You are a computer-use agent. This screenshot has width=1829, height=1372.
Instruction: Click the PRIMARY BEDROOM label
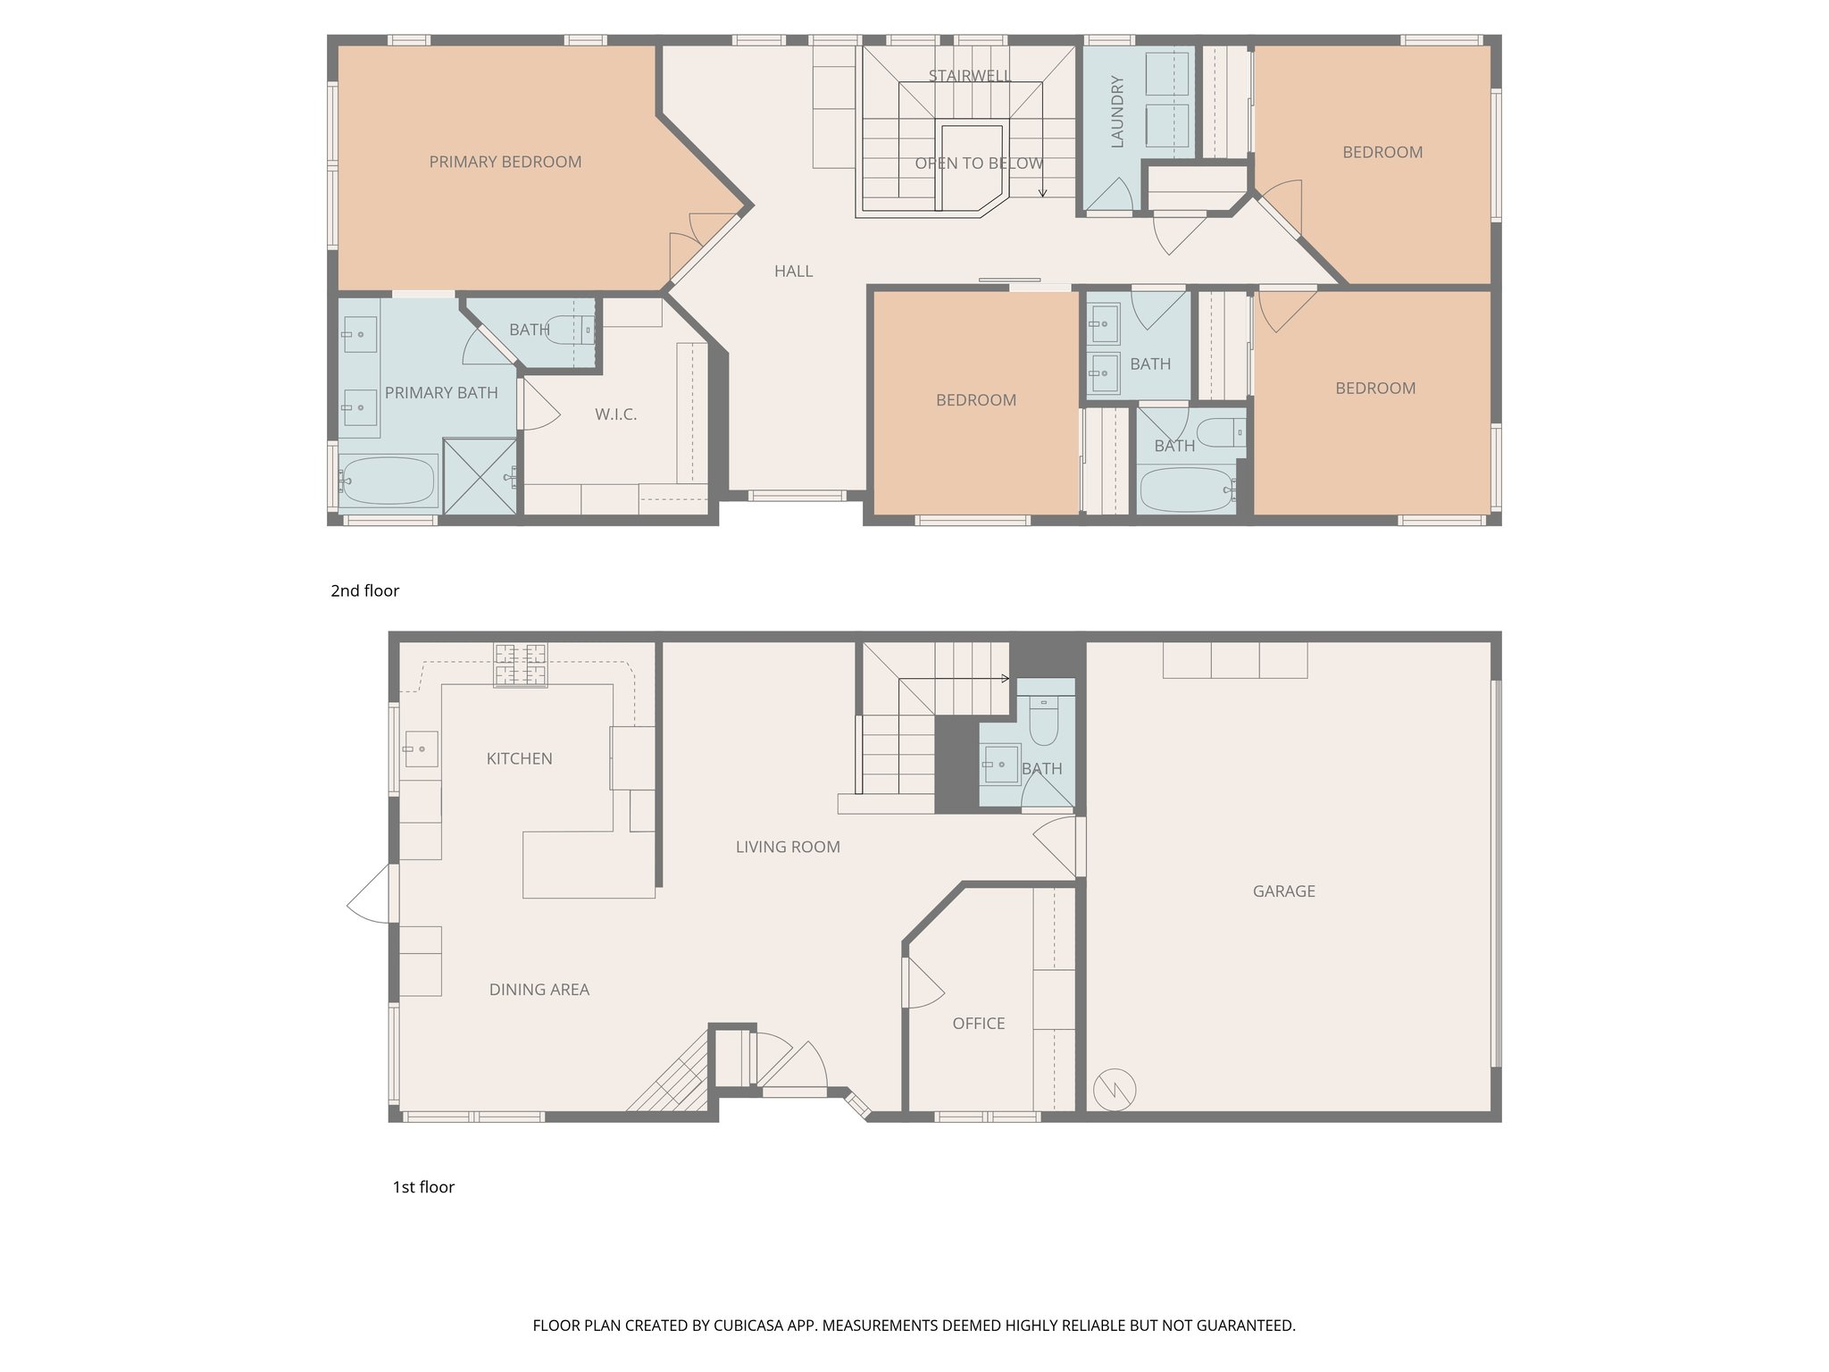pyautogui.click(x=505, y=162)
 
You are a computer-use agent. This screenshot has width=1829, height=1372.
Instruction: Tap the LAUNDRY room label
pyautogui.click(x=1116, y=112)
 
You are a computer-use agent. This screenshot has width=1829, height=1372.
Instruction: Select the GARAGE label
pyautogui.click(x=1283, y=891)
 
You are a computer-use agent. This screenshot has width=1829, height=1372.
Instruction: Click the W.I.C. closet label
pyautogui.click(x=615, y=414)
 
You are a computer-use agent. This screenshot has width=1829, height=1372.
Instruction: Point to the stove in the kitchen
pyautogui.click(x=521, y=665)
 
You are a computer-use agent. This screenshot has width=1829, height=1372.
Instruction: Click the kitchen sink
pyautogui.click(x=420, y=748)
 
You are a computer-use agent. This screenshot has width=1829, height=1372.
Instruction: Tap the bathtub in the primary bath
pyautogui.click(x=388, y=481)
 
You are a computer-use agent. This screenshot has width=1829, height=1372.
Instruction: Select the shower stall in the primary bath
pyautogui.click(x=480, y=475)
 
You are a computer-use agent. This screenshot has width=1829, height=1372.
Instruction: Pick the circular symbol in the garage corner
pyautogui.click(x=1115, y=1089)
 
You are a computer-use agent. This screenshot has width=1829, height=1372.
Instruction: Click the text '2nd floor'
pyautogui.click(x=364, y=590)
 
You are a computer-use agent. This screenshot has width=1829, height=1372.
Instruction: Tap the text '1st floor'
pyautogui.click(x=423, y=1187)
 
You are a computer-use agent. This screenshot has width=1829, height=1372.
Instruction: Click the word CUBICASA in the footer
pyautogui.click(x=750, y=1326)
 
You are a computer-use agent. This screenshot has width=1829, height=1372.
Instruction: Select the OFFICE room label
pyautogui.click(x=978, y=1024)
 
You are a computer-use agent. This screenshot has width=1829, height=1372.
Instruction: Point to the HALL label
pyautogui.click(x=793, y=272)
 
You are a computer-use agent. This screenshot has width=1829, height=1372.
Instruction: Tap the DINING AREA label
pyautogui.click(x=539, y=990)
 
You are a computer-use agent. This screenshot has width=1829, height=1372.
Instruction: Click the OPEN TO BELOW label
pyautogui.click(x=979, y=163)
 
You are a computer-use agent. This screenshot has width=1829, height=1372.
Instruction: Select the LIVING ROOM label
pyautogui.click(x=787, y=847)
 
